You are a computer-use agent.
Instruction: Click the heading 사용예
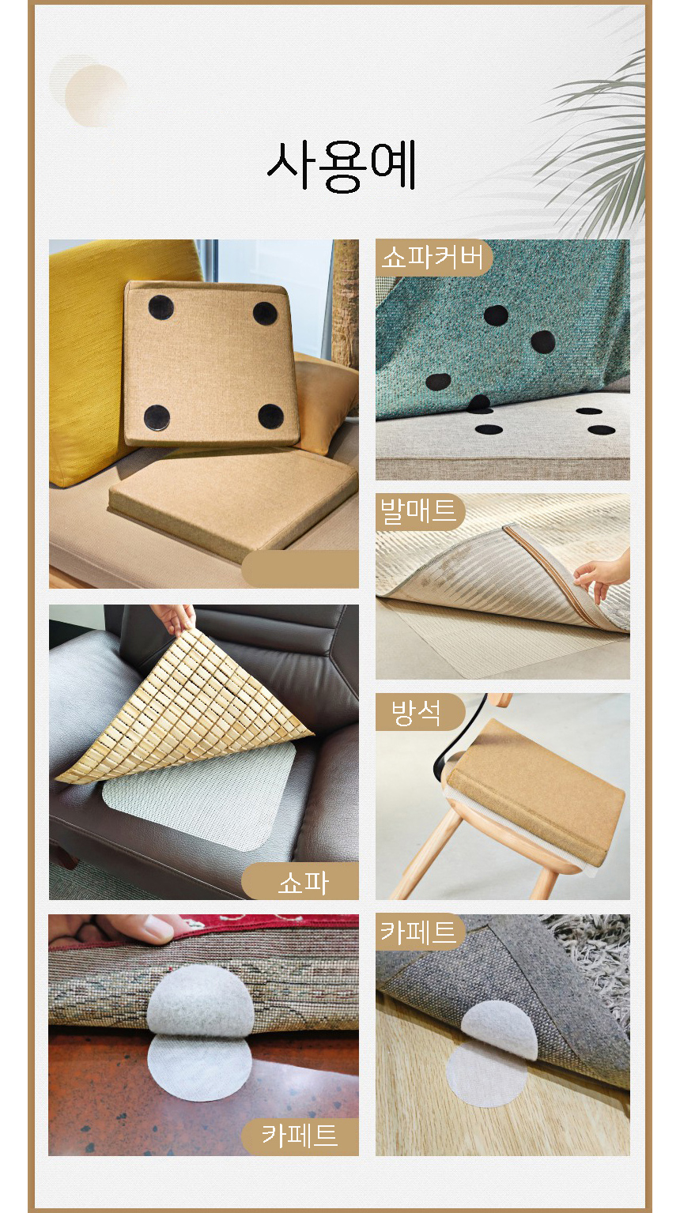(342, 166)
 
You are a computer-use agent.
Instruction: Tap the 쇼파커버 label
(433, 258)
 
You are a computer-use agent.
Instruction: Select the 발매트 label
(417, 512)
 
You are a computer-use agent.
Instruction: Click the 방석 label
(416, 712)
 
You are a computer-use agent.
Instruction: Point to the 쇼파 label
(304, 883)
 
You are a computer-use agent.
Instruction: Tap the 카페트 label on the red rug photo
(300, 1136)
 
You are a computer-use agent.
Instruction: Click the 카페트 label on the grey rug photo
(417, 932)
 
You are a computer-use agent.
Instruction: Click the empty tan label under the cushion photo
(300, 569)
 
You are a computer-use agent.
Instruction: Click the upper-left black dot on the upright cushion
(161, 308)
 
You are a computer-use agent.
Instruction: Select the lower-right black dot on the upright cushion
(270, 416)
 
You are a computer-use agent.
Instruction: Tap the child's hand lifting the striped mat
(602, 575)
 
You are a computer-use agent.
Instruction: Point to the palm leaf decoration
(591, 146)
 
